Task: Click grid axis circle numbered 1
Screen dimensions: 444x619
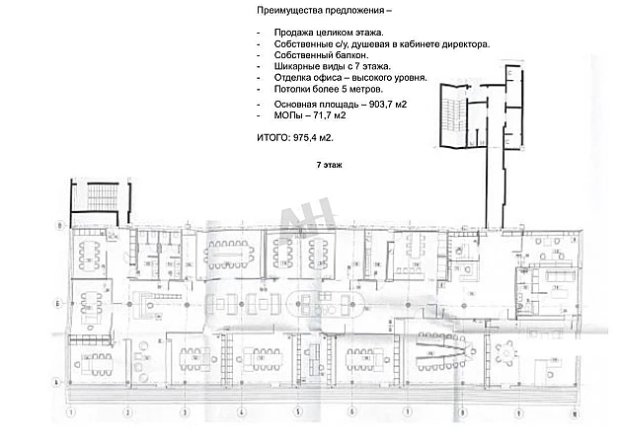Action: pyautogui.click(x=70, y=411)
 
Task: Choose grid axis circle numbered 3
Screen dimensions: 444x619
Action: pyautogui.click(x=183, y=411)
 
